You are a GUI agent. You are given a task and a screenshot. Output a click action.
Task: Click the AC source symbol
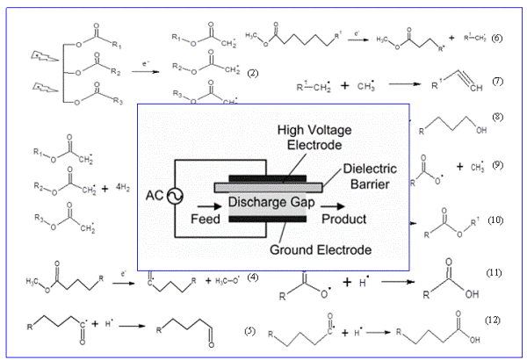[x=164, y=196]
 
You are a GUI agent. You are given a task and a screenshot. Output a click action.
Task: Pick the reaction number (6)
[x=496, y=40]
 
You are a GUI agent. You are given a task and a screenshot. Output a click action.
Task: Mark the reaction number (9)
[x=496, y=165]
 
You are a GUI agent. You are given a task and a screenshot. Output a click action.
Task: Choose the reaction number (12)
[x=492, y=319]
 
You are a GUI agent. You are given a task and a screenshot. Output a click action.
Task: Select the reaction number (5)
[x=250, y=331]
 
